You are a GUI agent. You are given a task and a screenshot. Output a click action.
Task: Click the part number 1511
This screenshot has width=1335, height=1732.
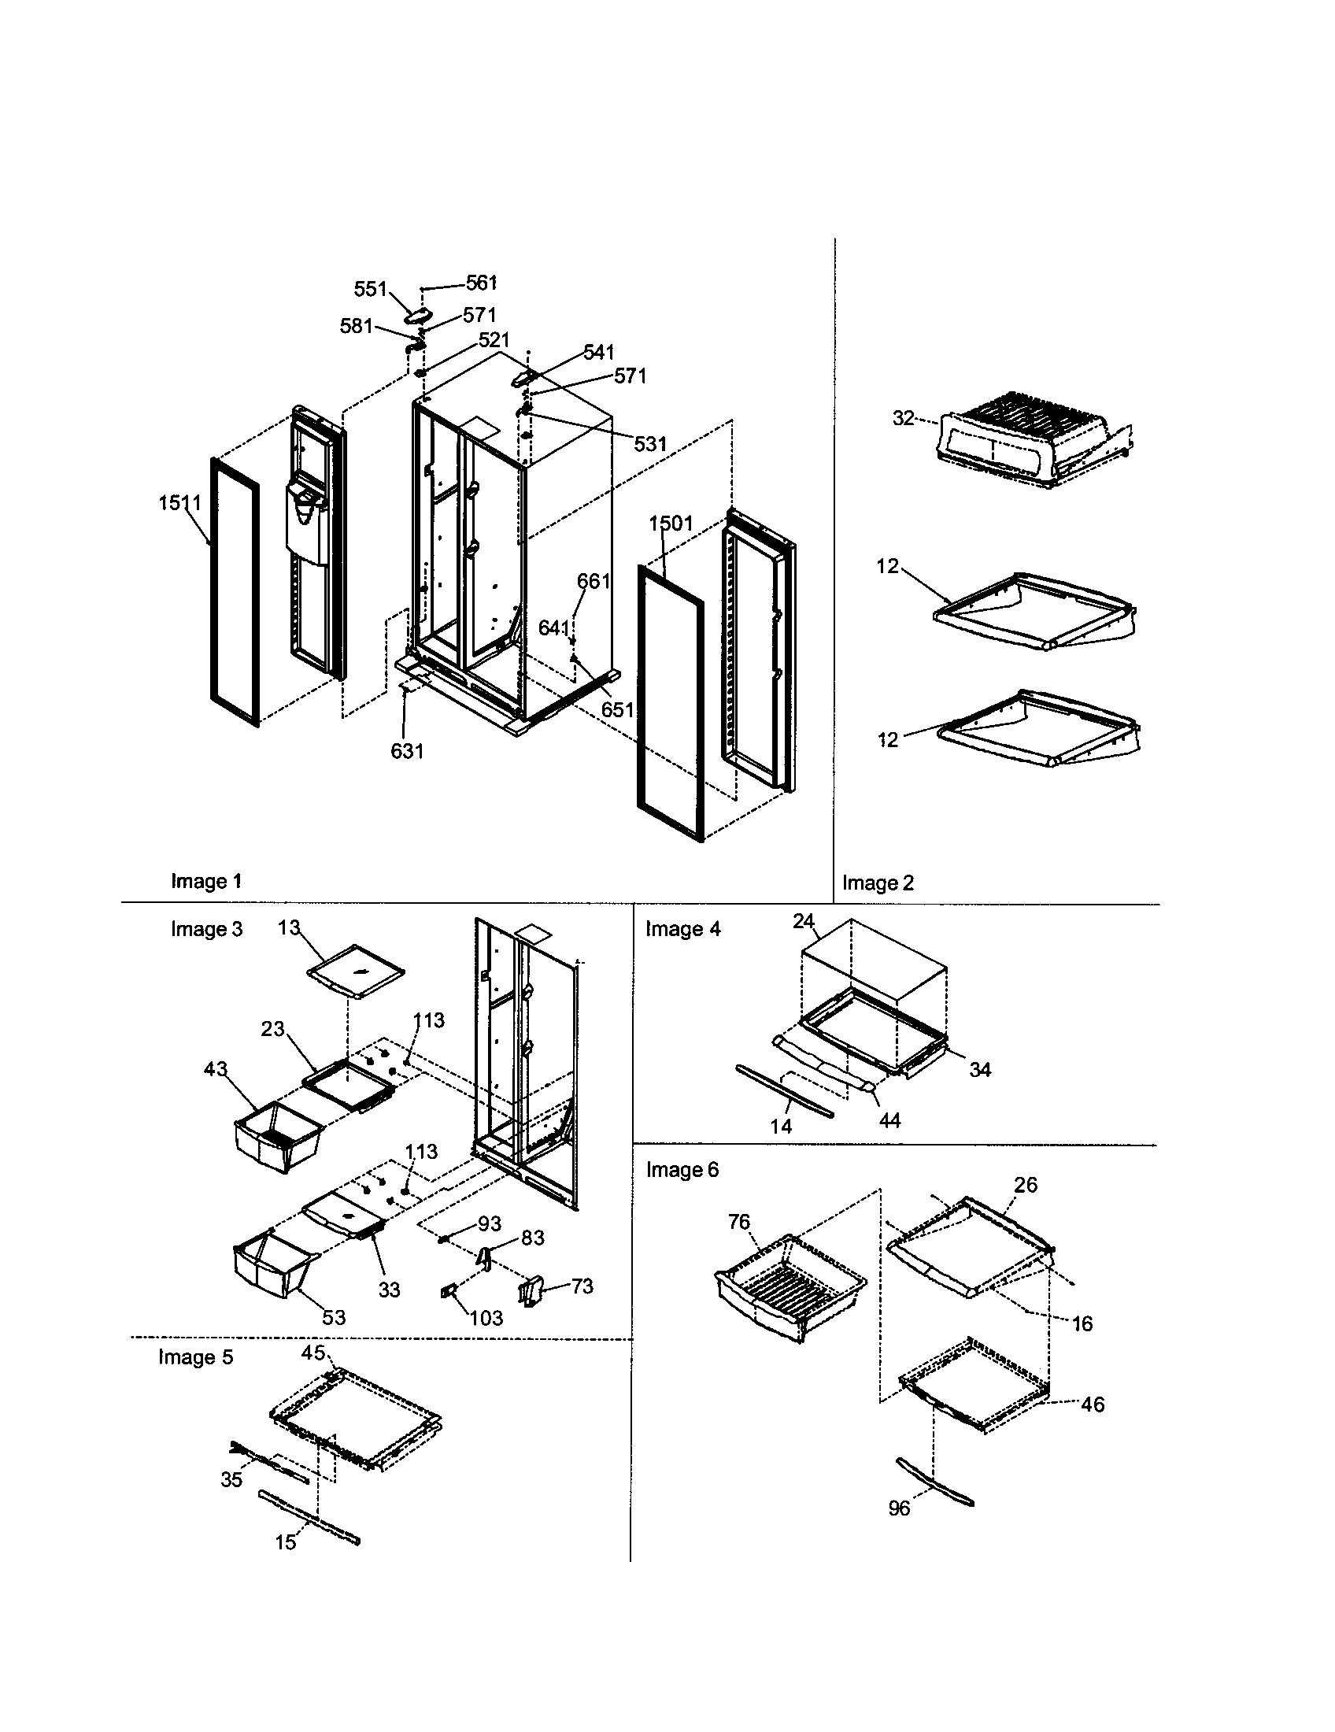coord(180,502)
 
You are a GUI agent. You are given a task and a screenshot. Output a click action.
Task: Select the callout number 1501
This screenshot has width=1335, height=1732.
coord(671,524)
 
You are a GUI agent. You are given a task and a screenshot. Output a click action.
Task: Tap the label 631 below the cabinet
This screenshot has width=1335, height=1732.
coord(407,750)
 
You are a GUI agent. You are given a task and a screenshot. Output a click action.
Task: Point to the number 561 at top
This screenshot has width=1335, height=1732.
coord(481,283)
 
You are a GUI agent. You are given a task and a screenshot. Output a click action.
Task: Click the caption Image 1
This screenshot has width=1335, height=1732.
coord(206,881)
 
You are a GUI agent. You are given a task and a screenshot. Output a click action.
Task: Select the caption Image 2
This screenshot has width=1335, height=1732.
coord(878,883)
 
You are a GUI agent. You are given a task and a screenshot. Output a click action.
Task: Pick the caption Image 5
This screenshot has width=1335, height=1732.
coord(195,1357)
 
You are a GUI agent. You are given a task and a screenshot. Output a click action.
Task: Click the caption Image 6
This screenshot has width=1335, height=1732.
coord(682,1170)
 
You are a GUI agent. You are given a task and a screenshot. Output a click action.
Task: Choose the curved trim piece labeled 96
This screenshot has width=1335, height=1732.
coord(934,1480)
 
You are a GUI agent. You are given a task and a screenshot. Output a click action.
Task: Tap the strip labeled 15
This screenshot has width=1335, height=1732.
coord(309,1515)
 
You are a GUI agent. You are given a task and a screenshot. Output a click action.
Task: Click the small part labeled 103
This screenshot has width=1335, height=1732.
coord(448,1292)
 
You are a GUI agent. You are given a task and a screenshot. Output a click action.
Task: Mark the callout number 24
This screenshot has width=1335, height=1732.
coord(803,921)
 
